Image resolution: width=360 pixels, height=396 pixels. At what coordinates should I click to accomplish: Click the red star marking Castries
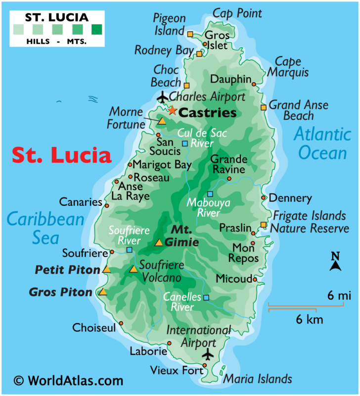(x=172, y=110)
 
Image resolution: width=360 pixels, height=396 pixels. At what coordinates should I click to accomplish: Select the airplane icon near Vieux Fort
(x=208, y=354)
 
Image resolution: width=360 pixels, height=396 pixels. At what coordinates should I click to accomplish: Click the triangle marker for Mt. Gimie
(x=159, y=243)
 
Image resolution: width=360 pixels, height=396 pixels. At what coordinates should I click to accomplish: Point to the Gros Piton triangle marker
(x=102, y=292)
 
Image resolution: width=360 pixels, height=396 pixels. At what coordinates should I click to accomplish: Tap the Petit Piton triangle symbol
(x=106, y=270)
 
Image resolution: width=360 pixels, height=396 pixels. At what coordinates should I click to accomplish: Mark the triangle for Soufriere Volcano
(x=133, y=269)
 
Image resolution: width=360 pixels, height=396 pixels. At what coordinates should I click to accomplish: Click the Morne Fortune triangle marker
(x=162, y=121)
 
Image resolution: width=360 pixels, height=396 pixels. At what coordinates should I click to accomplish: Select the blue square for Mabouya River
(x=210, y=194)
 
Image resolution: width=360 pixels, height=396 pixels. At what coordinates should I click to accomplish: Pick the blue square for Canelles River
(x=206, y=297)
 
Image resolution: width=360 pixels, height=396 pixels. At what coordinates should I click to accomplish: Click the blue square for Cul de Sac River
(x=185, y=144)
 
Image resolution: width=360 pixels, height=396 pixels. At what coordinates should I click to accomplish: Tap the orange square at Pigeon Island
(x=190, y=34)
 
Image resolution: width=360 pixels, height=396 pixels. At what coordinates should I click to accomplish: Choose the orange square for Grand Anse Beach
(x=264, y=107)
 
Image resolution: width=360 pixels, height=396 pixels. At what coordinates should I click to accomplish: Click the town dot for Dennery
(x=264, y=198)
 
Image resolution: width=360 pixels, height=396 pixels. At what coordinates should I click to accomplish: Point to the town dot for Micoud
(x=255, y=280)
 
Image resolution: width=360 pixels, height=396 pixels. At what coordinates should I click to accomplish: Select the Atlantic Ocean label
(x=322, y=144)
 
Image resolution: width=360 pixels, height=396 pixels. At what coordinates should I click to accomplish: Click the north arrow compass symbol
(x=335, y=263)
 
